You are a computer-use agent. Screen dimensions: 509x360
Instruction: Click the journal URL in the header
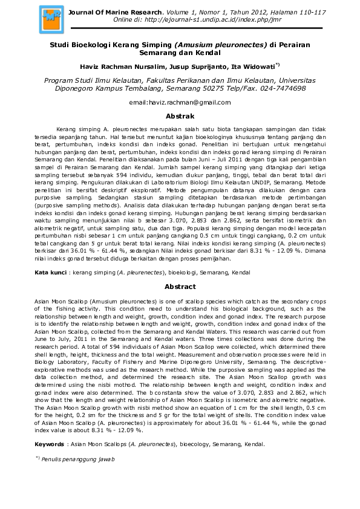coord(205,19)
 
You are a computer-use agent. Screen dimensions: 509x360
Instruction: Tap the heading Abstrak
coord(180,115)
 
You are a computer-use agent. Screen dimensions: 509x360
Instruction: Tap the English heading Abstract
coord(180,287)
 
